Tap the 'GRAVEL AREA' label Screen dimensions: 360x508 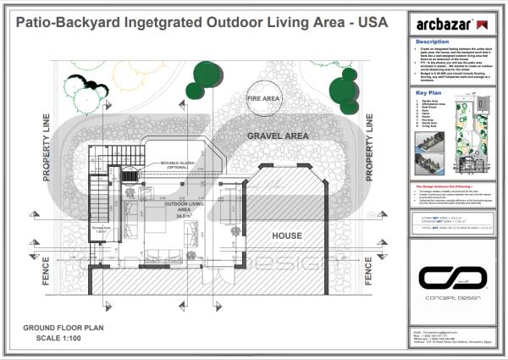278,136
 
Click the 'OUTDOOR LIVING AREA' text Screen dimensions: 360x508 180,208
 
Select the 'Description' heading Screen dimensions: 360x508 433,41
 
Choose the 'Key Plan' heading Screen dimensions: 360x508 429,91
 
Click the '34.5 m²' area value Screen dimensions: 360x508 180,217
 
